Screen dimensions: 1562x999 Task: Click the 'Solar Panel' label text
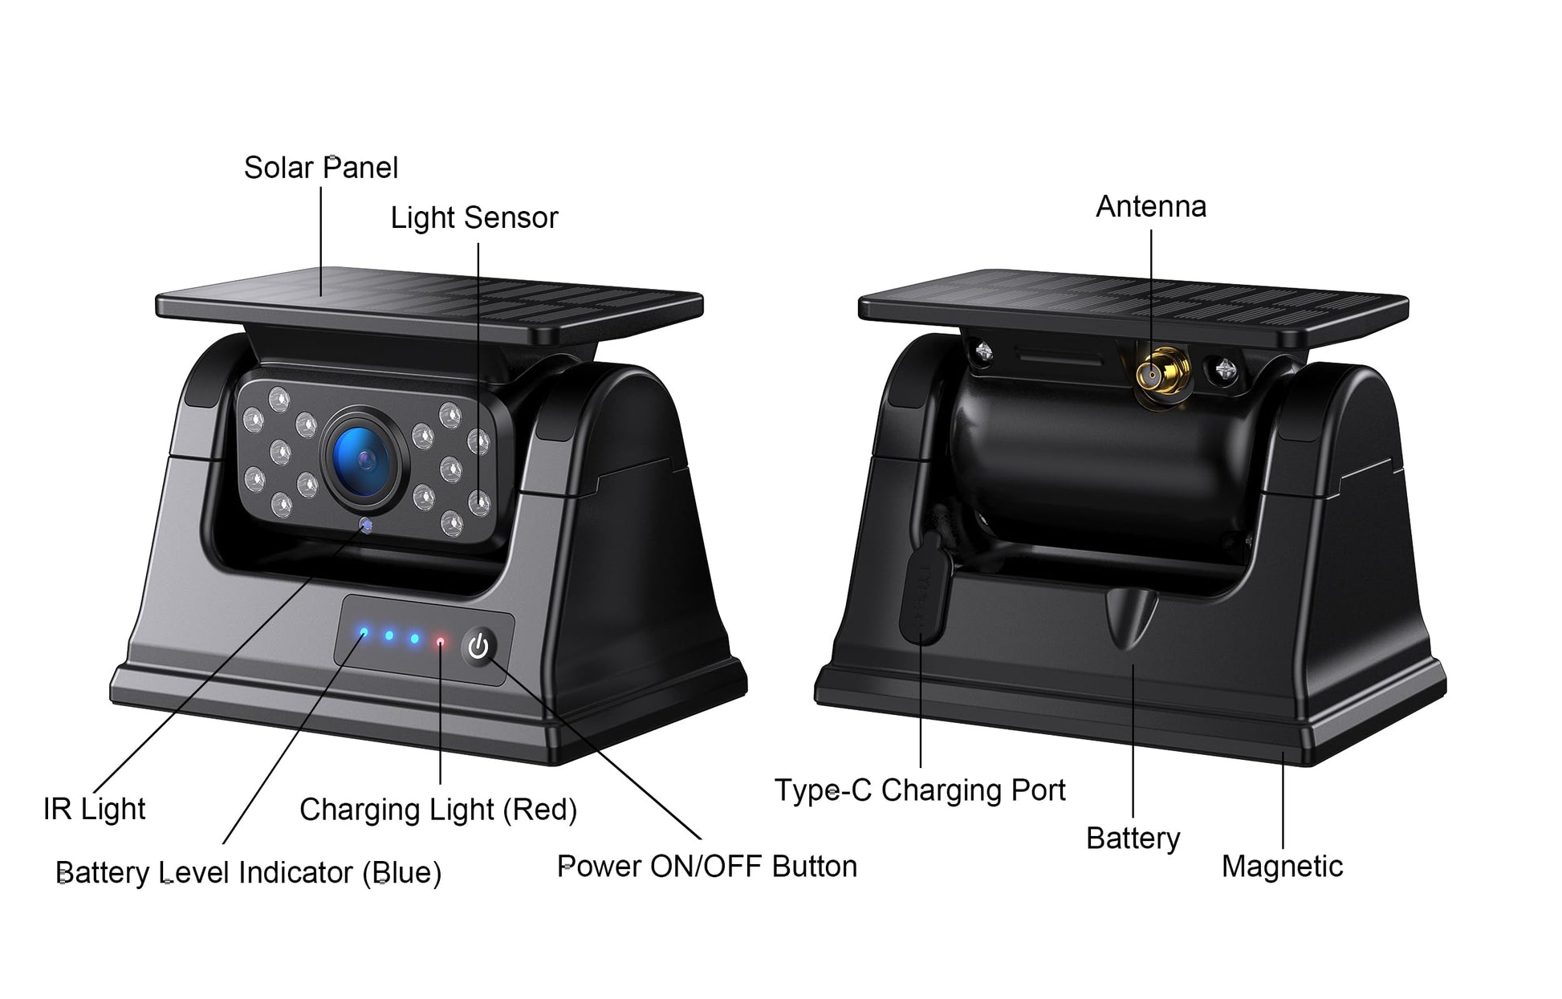click(x=321, y=168)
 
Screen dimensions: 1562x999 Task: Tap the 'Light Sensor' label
click(x=474, y=217)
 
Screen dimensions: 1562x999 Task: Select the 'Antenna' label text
click(x=1151, y=206)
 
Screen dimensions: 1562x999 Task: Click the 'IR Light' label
click(x=95, y=809)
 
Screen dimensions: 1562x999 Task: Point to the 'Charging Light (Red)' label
click(x=438, y=810)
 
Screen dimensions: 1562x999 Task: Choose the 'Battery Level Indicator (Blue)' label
click(x=249, y=872)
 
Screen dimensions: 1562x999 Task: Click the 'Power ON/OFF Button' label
click(x=707, y=867)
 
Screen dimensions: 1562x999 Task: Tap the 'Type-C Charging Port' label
click(x=920, y=790)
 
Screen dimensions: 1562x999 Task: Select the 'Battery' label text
click(x=1133, y=839)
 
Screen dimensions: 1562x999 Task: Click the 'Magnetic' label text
click(x=1282, y=867)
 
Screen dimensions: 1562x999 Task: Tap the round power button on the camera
click(x=478, y=646)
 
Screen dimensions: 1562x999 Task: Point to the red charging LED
click(x=440, y=642)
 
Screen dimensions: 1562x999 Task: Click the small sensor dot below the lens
click(x=366, y=525)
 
